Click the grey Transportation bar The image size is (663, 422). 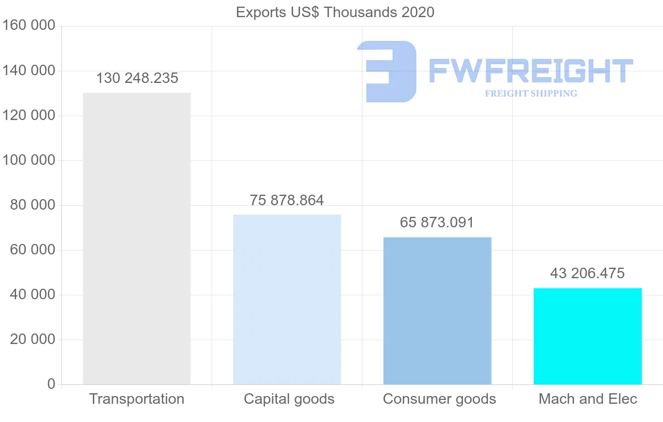(x=136, y=238)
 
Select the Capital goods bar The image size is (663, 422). (x=287, y=299)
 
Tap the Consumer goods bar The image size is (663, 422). (x=437, y=310)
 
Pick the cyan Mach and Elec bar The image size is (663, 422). (x=587, y=336)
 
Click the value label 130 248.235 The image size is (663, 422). (x=137, y=79)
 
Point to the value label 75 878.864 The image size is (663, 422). (x=287, y=200)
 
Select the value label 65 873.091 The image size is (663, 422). (x=437, y=223)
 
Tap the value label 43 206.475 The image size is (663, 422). (x=587, y=273)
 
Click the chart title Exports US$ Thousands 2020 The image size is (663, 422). (x=335, y=12)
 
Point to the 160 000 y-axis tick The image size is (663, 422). (x=29, y=26)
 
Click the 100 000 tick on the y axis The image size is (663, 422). (x=29, y=160)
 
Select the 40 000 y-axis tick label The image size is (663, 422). (x=33, y=295)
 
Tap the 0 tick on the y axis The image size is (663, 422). (x=51, y=384)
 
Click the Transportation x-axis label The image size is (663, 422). (x=136, y=399)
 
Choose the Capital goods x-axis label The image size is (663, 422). (x=289, y=399)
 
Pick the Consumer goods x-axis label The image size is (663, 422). (x=439, y=399)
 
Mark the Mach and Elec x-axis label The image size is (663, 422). (x=588, y=399)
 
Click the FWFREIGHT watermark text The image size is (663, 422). (x=530, y=71)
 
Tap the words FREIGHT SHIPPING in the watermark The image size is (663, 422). (x=530, y=93)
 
